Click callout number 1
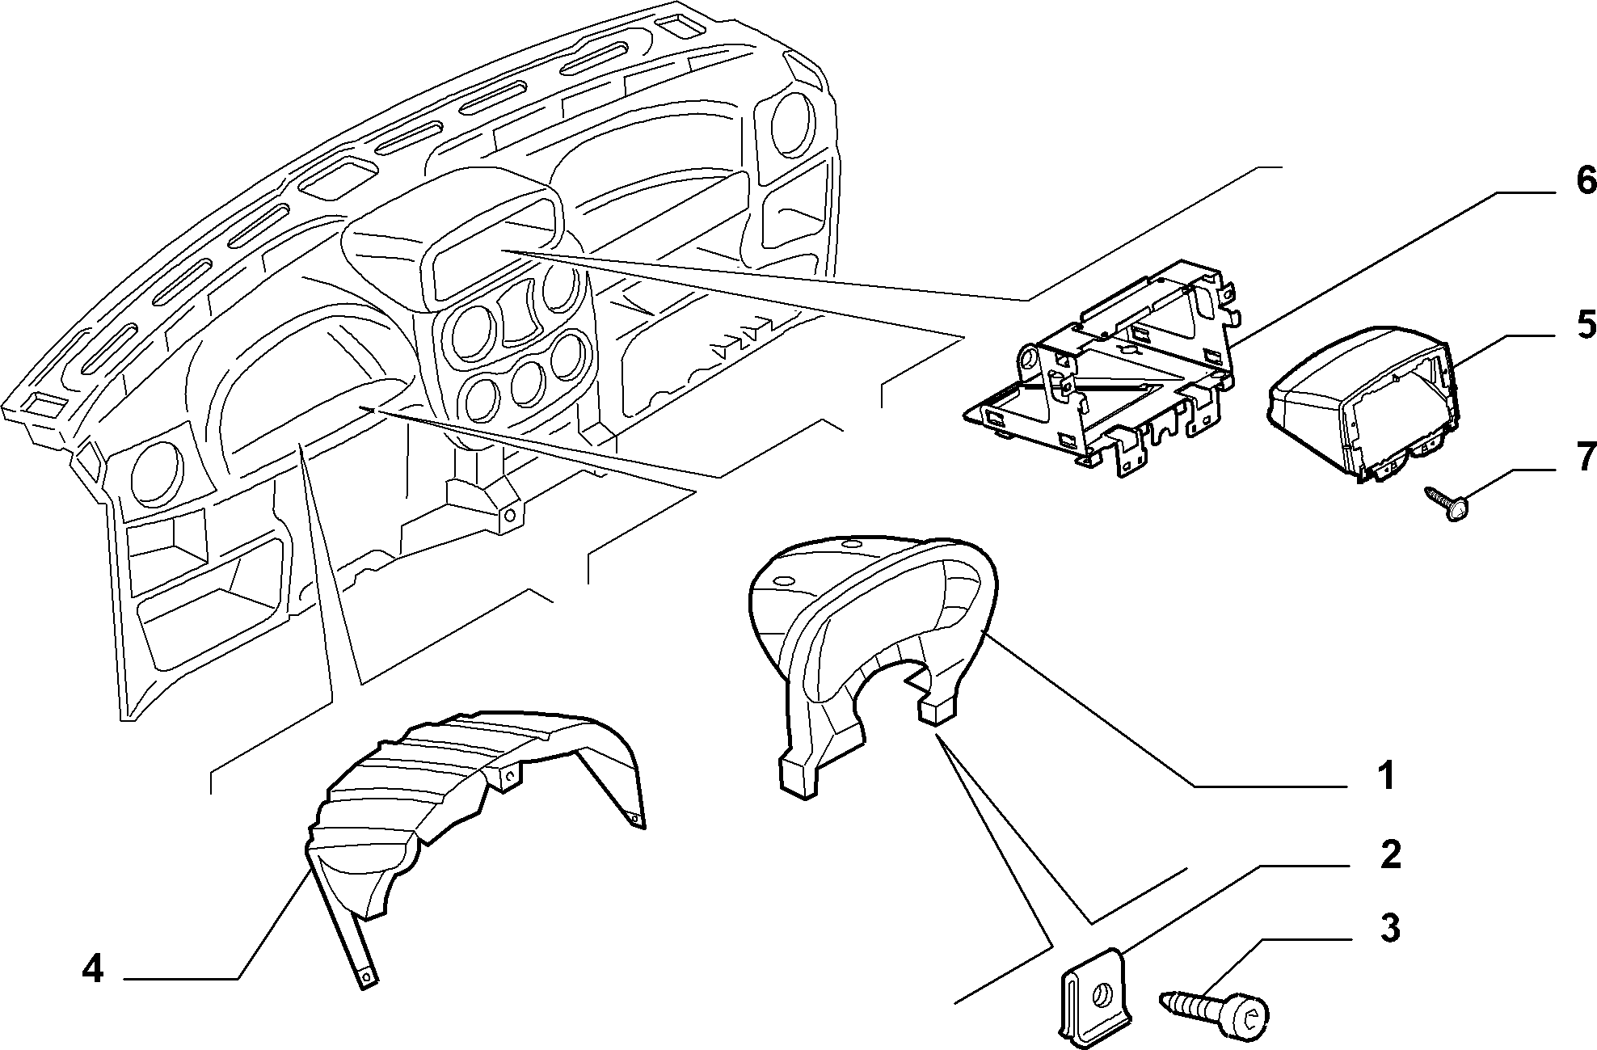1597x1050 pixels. (x=1385, y=775)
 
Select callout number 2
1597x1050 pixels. (x=1389, y=854)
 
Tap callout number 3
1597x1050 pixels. (x=1389, y=929)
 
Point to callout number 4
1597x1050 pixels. (x=93, y=968)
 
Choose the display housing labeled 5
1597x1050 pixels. (x=1364, y=403)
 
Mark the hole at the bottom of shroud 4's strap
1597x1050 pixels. (x=368, y=977)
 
